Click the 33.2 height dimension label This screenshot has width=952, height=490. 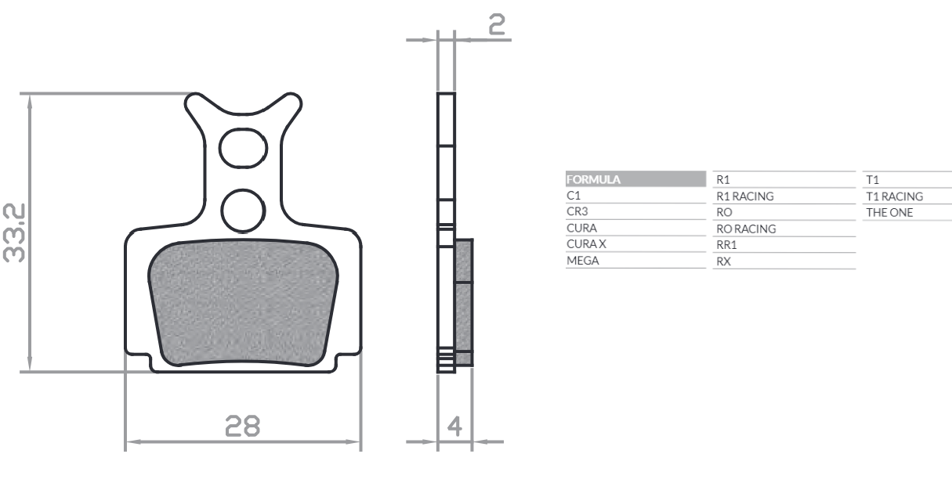(16, 232)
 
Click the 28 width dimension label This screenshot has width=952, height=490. (243, 427)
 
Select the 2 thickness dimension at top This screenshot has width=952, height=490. (496, 25)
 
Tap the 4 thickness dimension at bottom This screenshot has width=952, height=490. (454, 428)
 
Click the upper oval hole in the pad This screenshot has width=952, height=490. (244, 147)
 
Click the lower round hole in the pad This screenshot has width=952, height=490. (244, 208)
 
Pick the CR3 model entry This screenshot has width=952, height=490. (577, 212)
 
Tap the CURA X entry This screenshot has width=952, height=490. (586, 244)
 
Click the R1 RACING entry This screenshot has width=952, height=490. (745, 196)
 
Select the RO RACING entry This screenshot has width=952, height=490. (746, 229)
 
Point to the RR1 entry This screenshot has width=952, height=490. (727, 245)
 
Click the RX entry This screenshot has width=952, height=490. (724, 261)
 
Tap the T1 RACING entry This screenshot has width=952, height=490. (894, 196)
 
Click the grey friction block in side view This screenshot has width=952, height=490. (465, 301)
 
